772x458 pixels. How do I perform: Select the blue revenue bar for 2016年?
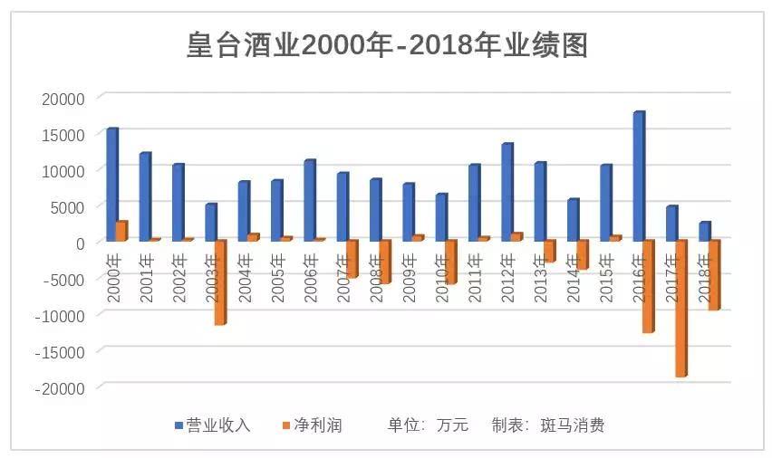639,177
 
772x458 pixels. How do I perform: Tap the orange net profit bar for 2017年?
680,308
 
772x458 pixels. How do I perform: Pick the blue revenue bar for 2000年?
111,185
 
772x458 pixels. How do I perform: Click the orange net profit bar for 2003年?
219,281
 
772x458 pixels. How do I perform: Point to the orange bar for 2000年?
121,231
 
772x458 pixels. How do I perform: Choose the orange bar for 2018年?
714,274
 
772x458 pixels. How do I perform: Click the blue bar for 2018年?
704,232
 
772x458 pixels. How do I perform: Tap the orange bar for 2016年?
648,286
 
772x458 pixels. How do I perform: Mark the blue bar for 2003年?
210,223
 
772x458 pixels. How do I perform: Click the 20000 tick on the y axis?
64,98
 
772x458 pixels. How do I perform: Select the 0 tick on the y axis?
80,243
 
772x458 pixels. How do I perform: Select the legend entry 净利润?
317,425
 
